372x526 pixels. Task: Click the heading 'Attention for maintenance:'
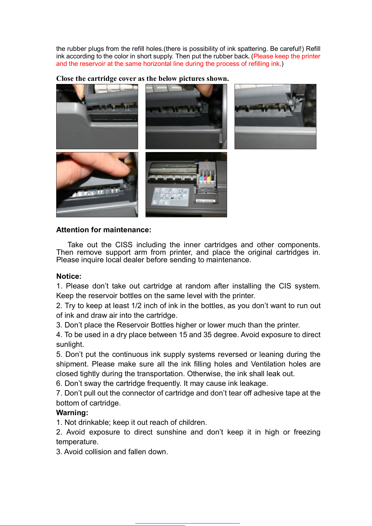[x=104, y=230]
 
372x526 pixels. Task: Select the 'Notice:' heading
[x=69, y=276]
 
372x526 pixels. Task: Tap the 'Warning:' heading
[x=72, y=413]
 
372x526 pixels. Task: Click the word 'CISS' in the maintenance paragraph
[x=124, y=245]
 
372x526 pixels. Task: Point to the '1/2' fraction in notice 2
[x=137, y=306]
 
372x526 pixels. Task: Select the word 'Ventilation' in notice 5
[x=268, y=364]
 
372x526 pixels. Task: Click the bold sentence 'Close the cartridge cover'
[x=142, y=78]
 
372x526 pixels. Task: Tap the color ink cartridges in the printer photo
[x=206, y=176]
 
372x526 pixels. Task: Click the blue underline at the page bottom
[x=187, y=523]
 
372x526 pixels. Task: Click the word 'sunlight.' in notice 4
[x=70, y=344]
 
